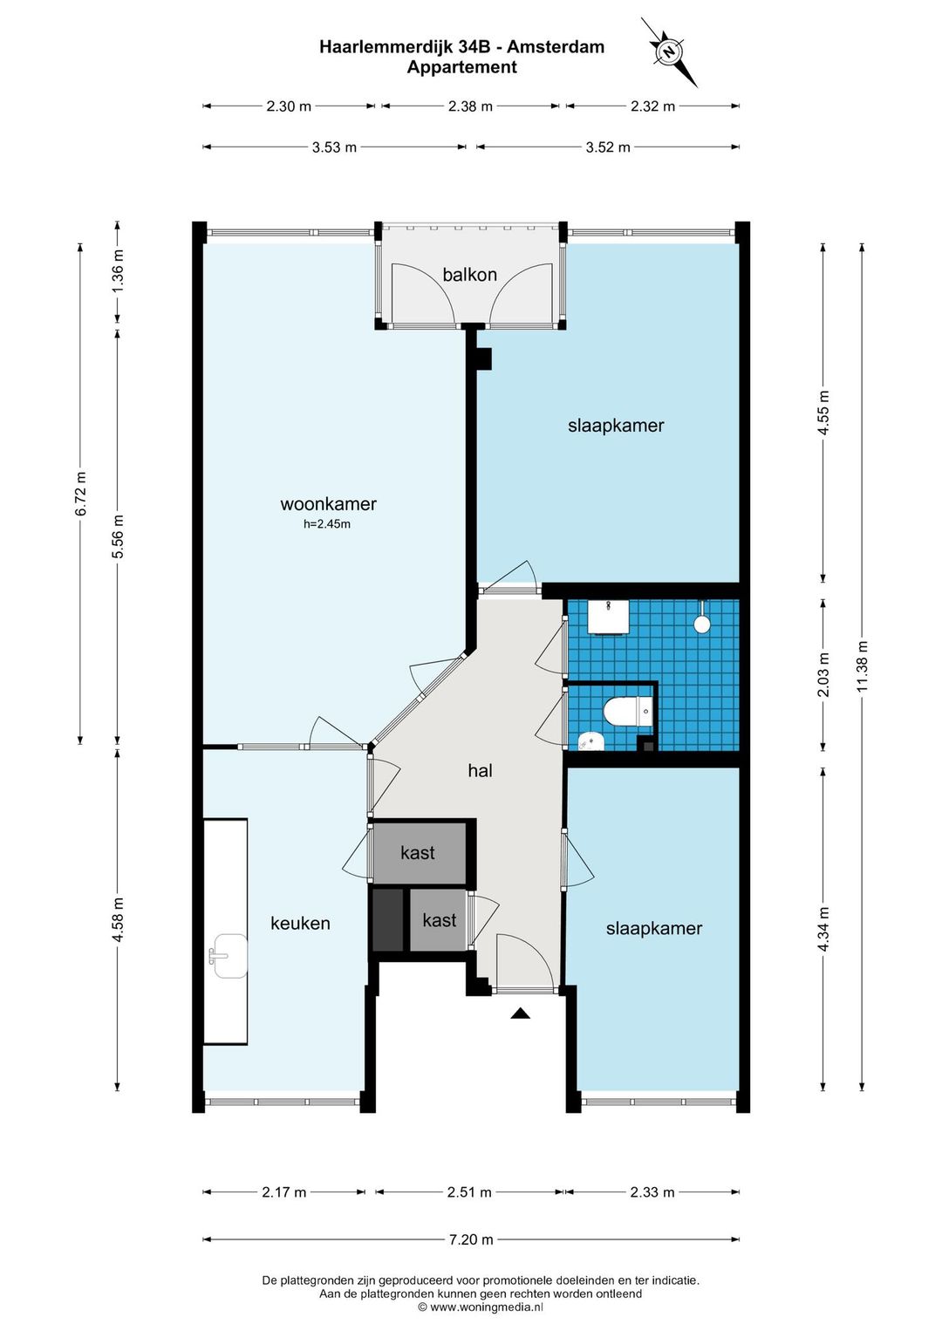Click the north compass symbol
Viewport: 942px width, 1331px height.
[669, 51]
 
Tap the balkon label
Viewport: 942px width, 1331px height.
[469, 275]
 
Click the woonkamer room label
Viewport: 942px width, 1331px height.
[328, 504]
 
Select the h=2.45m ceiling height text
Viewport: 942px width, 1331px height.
[327, 524]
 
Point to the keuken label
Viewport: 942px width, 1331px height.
[300, 923]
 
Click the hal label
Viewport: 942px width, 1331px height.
[481, 771]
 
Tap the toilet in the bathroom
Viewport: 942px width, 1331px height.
[628, 711]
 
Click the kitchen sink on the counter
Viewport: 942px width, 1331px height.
[229, 956]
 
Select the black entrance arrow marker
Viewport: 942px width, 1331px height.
[520, 1014]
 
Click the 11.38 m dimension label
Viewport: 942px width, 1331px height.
[863, 665]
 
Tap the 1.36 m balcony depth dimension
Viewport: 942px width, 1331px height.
[118, 271]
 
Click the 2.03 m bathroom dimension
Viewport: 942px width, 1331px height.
[823, 674]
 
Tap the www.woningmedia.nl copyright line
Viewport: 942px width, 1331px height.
[481, 1307]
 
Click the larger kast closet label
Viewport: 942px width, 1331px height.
[418, 853]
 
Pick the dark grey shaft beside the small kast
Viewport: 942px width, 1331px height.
[387, 919]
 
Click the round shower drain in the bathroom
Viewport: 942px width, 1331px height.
[702, 624]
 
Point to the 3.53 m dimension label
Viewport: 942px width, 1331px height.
[334, 147]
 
